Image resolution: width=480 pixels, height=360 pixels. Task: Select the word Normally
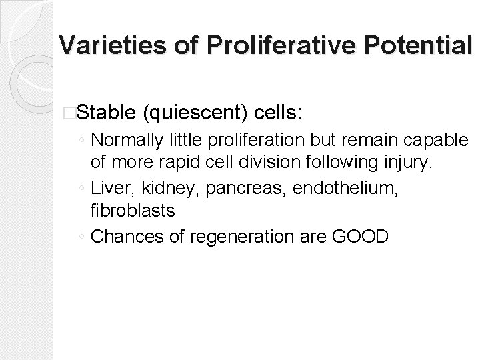tap(123, 141)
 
